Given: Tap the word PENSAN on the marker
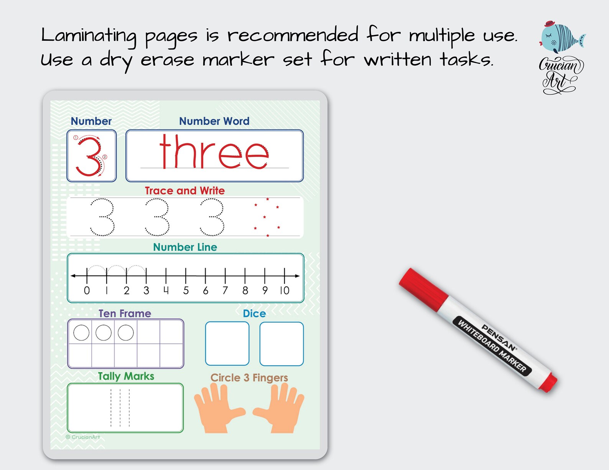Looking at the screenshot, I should [499, 338].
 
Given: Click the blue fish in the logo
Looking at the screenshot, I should [560, 38].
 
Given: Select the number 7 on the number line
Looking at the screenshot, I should [225, 290].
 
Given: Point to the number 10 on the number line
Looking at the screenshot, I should [284, 290].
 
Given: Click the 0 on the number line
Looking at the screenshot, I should [87, 290].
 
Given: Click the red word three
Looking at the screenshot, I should [214, 153].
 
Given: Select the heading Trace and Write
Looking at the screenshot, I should [184, 191].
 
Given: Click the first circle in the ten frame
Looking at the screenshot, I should [81, 333].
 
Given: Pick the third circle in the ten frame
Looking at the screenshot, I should [126, 333].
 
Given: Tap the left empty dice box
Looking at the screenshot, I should [227, 343].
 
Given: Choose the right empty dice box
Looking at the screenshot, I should [281, 343].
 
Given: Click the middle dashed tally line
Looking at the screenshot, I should [120, 407].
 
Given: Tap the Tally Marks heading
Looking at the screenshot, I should [126, 376].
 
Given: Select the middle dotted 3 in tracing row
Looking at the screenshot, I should [158, 217].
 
